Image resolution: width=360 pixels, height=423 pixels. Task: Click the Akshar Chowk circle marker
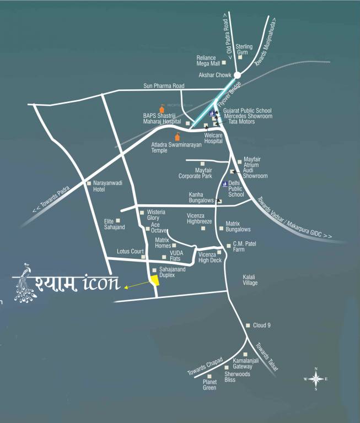(x=237, y=75)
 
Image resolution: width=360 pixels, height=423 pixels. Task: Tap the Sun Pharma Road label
(x=163, y=86)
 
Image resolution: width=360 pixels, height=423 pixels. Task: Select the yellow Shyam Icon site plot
(x=155, y=280)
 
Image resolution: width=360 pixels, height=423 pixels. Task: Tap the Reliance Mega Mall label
(x=208, y=61)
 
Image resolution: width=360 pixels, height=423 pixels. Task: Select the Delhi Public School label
(x=236, y=188)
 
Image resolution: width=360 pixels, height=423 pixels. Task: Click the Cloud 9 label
(x=261, y=326)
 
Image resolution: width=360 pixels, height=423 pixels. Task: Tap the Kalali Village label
(x=250, y=280)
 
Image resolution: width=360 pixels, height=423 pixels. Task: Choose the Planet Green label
(x=209, y=384)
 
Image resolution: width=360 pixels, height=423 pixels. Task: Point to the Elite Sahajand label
(x=115, y=224)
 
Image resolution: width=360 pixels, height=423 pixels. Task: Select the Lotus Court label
(x=130, y=251)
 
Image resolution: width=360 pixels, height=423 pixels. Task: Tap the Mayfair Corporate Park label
(x=195, y=173)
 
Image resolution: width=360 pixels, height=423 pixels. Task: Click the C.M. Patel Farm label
(x=245, y=246)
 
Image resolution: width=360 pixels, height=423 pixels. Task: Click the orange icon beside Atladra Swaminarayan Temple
(x=178, y=137)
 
